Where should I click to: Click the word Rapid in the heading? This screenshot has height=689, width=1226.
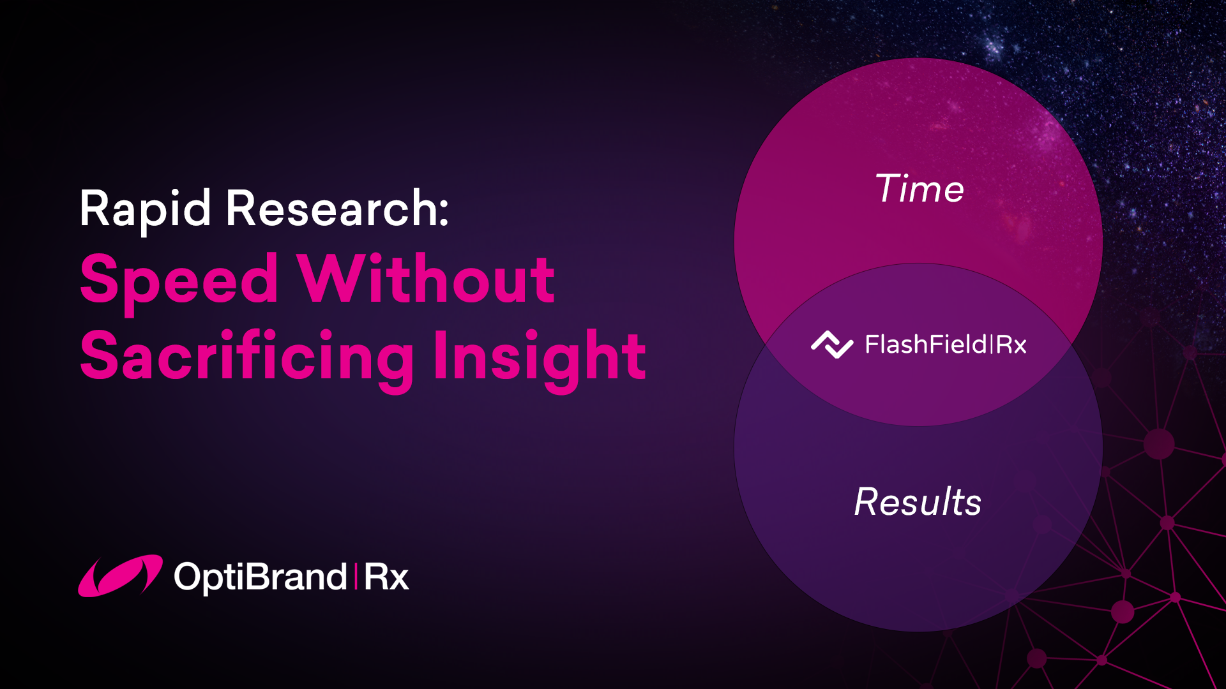click(x=145, y=209)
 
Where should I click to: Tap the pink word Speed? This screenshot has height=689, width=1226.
click(x=179, y=280)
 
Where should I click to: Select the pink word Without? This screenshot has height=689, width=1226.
click(x=427, y=279)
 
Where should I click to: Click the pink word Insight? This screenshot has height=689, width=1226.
click(x=540, y=357)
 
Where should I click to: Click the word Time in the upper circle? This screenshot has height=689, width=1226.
click(x=919, y=189)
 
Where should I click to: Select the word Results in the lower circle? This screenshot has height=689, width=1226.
click(x=918, y=502)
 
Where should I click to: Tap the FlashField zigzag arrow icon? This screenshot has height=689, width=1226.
click(x=832, y=344)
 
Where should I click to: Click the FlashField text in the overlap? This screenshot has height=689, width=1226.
click(x=926, y=344)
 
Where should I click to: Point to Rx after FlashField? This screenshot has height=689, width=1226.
click(x=1011, y=345)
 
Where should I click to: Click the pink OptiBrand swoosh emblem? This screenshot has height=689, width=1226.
click(x=120, y=575)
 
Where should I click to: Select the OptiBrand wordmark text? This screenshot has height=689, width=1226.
click(x=261, y=577)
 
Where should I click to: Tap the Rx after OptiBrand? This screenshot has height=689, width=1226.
click(x=386, y=577)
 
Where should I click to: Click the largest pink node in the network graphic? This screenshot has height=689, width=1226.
click(x=1159, y=443)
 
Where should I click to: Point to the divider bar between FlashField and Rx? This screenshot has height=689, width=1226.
click(x=991, y=345)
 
